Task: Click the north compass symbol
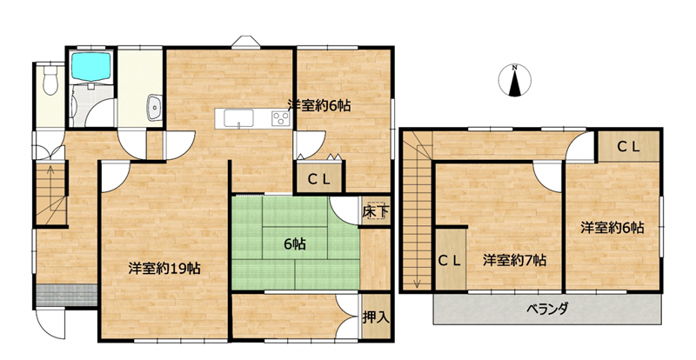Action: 514,80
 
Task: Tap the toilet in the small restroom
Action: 50,80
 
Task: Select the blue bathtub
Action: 91,67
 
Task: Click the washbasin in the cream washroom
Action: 155,108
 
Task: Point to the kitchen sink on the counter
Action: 238,117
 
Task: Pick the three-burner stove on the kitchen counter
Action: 280,117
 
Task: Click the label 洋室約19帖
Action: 164,269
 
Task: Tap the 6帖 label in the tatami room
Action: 295,243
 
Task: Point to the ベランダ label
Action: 547,309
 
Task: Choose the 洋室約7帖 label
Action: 514,260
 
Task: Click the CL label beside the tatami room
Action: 319,180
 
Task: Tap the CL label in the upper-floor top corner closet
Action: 628,147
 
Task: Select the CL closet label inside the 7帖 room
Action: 451,261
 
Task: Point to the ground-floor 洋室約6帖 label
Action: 318,105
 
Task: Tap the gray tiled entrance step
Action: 66,295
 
